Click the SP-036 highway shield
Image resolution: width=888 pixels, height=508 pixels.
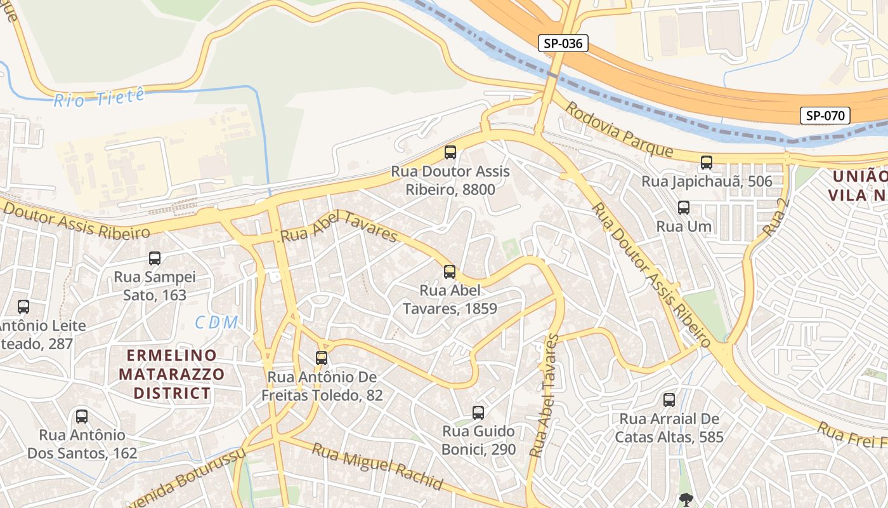[563, 43]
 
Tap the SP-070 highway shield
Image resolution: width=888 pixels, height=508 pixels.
[825, 116]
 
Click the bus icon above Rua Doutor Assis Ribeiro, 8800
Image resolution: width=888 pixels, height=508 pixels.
[450, 152]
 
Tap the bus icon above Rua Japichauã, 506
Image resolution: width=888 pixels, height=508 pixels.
[707, 163]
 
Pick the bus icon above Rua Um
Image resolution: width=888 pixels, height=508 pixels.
[684, 208]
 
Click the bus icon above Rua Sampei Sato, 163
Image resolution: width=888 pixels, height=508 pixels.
[155, 258]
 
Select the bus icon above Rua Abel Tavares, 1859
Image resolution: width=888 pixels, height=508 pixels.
[450, 272]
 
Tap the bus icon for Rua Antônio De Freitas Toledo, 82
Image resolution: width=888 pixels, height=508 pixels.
[322, 358]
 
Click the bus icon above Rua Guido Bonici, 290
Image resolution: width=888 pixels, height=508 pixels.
[478, 413]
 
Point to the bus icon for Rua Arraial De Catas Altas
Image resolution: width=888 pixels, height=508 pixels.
[669, 400]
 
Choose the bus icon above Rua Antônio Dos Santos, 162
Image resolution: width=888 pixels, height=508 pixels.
[82, 417]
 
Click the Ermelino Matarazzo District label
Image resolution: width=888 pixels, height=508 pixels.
[171, 374]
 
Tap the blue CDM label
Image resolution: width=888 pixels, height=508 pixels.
[216, 323]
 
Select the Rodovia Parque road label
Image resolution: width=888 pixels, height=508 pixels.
[618, 130]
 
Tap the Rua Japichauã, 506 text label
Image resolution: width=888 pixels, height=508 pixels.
[707, 182]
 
